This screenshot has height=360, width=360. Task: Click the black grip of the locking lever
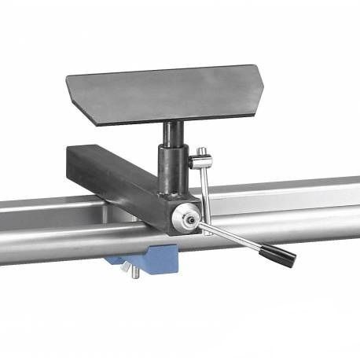click(278, 254)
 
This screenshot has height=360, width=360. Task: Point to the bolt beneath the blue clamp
click(133, 272)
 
